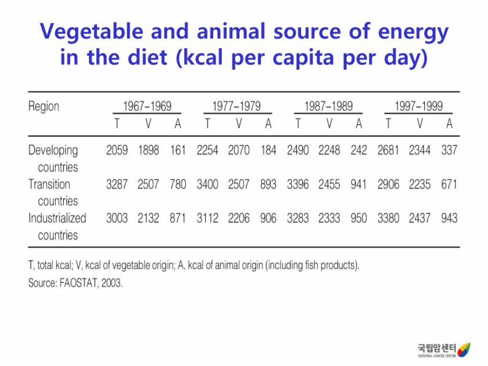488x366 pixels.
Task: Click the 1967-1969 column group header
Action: click(147, 106)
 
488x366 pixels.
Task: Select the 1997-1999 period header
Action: click(418, 106)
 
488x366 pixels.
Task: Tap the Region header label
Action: click(44, 106)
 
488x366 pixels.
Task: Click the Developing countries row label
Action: click(53, 158)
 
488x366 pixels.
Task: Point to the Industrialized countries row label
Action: click(57, 226)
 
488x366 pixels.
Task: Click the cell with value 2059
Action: click(117, 150)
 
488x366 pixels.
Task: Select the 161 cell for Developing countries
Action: click(177, 150)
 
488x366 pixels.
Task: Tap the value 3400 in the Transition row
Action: click(207, 185)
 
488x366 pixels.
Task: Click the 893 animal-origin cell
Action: click(268, 185)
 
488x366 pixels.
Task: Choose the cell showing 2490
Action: click(298, 150)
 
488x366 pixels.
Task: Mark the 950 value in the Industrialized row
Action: click(358, 218)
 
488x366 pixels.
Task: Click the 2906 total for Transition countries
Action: click(389, 185)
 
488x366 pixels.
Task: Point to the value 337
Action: click(449, 150)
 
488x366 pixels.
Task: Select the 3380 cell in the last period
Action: click(389, 218)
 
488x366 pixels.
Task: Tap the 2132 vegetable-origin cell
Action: click(148, 218)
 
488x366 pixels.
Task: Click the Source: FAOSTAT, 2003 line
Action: click(76, 284)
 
